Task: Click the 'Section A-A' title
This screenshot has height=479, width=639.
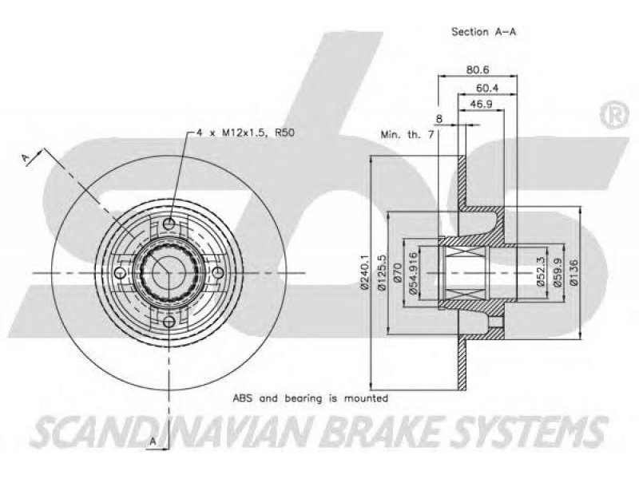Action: click(x=484, y=31)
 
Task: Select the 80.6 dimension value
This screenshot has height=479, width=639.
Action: click(x=478, y=69)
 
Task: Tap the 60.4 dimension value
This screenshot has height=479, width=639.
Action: click(x=487, y=87)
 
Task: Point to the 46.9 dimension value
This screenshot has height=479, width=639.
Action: click(x=481, y=105)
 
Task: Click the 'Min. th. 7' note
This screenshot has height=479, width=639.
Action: click(x=407, y=134)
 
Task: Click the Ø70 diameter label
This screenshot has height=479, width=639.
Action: click(x=398, y=272)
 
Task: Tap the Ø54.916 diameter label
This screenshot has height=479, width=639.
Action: click(x=413, y=272)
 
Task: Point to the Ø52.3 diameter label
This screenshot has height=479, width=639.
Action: click(x=542, y=271)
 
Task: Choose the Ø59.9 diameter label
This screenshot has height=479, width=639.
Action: click(x=557, y=271)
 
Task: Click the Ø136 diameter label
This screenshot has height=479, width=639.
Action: click(x=574, y=271)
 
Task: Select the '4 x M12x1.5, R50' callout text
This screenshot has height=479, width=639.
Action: click(x=245, y=133)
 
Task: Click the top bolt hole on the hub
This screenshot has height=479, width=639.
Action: click(x=169, y=224)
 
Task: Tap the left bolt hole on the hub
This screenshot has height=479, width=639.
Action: click(x=120, y=272)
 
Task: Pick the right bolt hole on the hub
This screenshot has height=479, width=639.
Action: click(x=218, y=272)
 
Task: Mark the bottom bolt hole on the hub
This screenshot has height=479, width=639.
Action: click(x=169, y=322)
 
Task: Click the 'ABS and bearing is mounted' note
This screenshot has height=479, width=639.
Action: click(x=310, y=398)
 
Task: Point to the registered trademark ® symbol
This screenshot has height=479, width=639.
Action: click(x=614, y=115)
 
